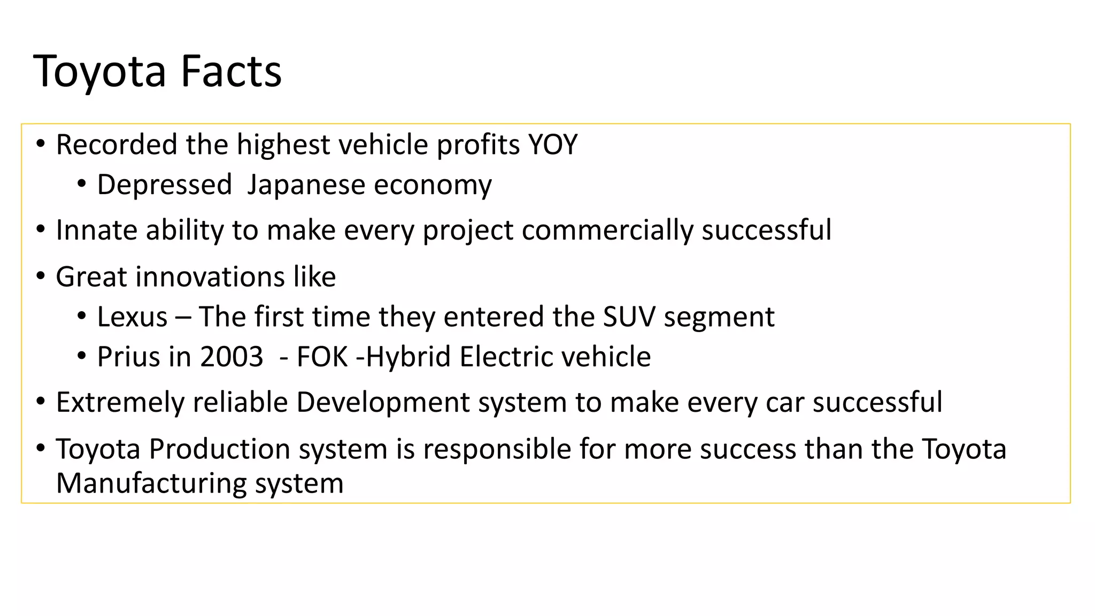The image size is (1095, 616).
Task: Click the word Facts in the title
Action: pos(231,71)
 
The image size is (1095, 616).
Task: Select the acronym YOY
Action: pos(553,145)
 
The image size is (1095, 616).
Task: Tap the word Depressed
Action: pos(164,185)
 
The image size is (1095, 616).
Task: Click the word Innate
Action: pos(97,230)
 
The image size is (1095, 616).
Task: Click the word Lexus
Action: pos(132,317)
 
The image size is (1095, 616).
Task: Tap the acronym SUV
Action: pos(629,317)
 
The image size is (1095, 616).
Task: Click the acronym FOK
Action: pos(322,357)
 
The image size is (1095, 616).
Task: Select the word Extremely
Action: pos(120,403)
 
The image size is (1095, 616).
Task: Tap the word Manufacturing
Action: pos(151,483)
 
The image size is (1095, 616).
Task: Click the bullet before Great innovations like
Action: pos(41,276)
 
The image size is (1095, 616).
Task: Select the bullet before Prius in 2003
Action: pos(81,356)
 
